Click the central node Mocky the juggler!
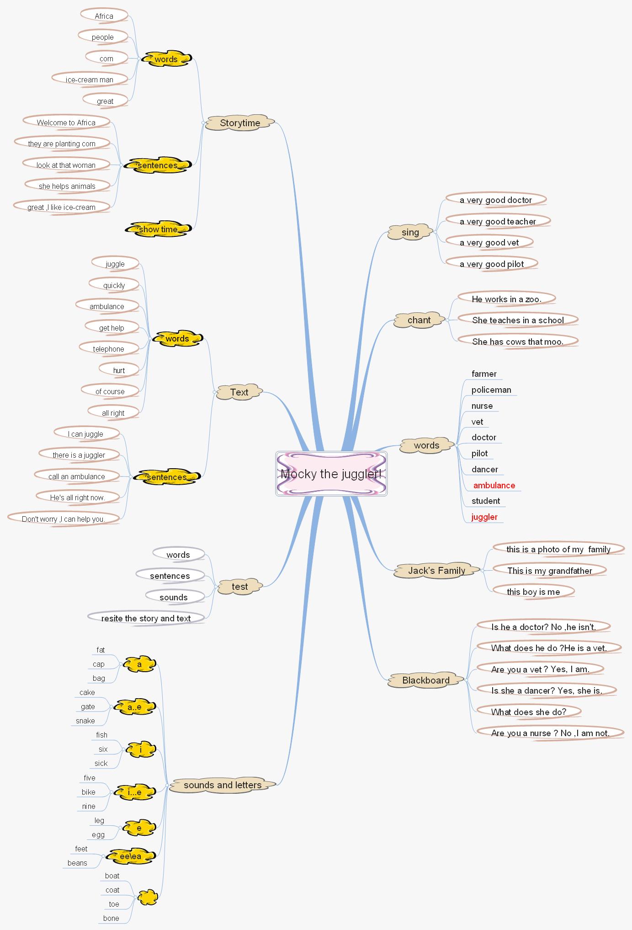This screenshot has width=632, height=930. (x=331, y=474)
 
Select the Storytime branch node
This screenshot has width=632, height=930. (x=240, y=123)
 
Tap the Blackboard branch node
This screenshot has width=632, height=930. (x=426, y=680)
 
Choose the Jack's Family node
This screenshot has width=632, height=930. (x=436, y=571)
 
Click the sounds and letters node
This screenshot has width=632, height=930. (x=223, y=785)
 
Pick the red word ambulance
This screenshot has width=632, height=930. (x=494, y=486)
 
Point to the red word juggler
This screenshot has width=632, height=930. (x=484, y=517)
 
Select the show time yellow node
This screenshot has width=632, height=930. (x=158, y=230)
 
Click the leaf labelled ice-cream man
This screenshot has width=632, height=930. (x=90, y=80)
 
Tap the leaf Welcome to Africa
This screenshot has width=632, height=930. (x=66, y=123)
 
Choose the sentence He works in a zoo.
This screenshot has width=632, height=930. (x=506, y=299)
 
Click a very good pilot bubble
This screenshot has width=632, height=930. (x=492, y=264)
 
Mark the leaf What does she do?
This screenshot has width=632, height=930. (x=529, y=712)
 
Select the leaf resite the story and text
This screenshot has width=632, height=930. (x=146, y=619)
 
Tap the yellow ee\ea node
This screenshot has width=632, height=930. (x=130, y=856)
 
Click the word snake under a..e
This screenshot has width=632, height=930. (x=85, y=721)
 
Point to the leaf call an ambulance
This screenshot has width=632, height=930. (x=77, y=476)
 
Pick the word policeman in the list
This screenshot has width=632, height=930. (x=491, y=390)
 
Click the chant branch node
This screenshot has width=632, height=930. (x=419, y=320)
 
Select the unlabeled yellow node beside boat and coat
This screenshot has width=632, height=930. (x=148, y=898)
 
